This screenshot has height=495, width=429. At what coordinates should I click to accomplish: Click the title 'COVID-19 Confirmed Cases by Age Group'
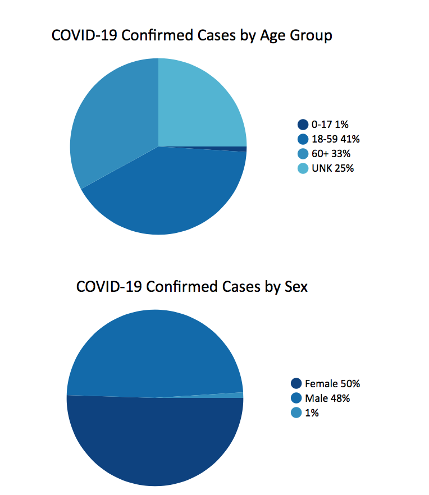pyautogui.click(x=191, y=35)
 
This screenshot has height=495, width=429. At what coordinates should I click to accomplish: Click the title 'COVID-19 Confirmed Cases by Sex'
pyautogui.click(x=191, y=286)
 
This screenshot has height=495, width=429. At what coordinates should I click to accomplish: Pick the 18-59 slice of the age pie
pyautogui.click(x=168, y=191)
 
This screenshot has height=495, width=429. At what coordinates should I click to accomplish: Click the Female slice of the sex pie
pyautogui.click(x=155, y=443)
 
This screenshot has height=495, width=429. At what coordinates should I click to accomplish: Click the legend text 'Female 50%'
pyautogui.click(x=332, y=384)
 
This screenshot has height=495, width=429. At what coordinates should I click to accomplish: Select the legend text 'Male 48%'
pyautogui.click(x=327, y=398)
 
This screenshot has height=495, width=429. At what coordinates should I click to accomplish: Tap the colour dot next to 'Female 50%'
pyautogui.click(x=296, y=384)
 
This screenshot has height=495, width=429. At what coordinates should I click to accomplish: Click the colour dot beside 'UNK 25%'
pyautogui.click(x=303, y=168)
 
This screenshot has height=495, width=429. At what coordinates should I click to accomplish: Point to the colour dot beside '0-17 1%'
pyautogui.click(x=303, y=125)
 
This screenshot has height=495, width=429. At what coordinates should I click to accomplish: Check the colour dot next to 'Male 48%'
pyautogui.click(x=296, y=398)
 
